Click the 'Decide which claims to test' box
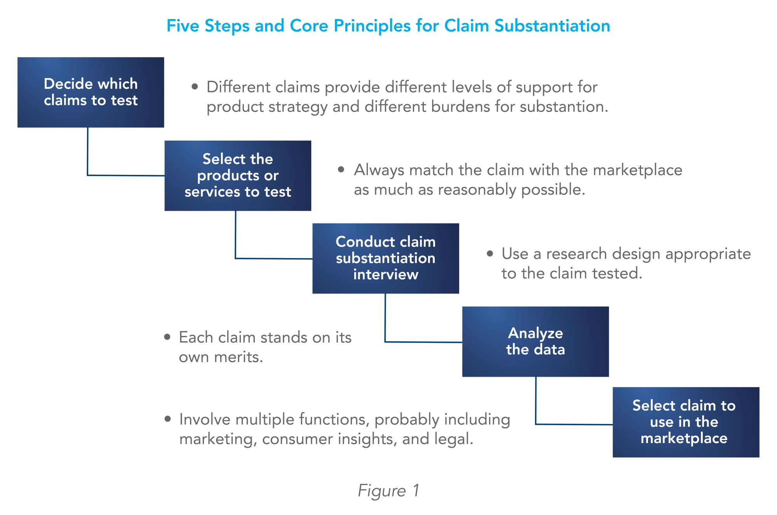[x=91, y=92]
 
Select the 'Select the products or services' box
[x=237, y=175]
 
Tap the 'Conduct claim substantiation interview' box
[x=385, y=258]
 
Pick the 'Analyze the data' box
[x=535, y=341]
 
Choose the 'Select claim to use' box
[x=685, y=422]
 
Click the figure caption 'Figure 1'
[x=388, y=491]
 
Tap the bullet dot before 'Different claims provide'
[x=195, y=87]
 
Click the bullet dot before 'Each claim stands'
[x=167, y=337]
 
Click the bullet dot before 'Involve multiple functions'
[x=167, y=419]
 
